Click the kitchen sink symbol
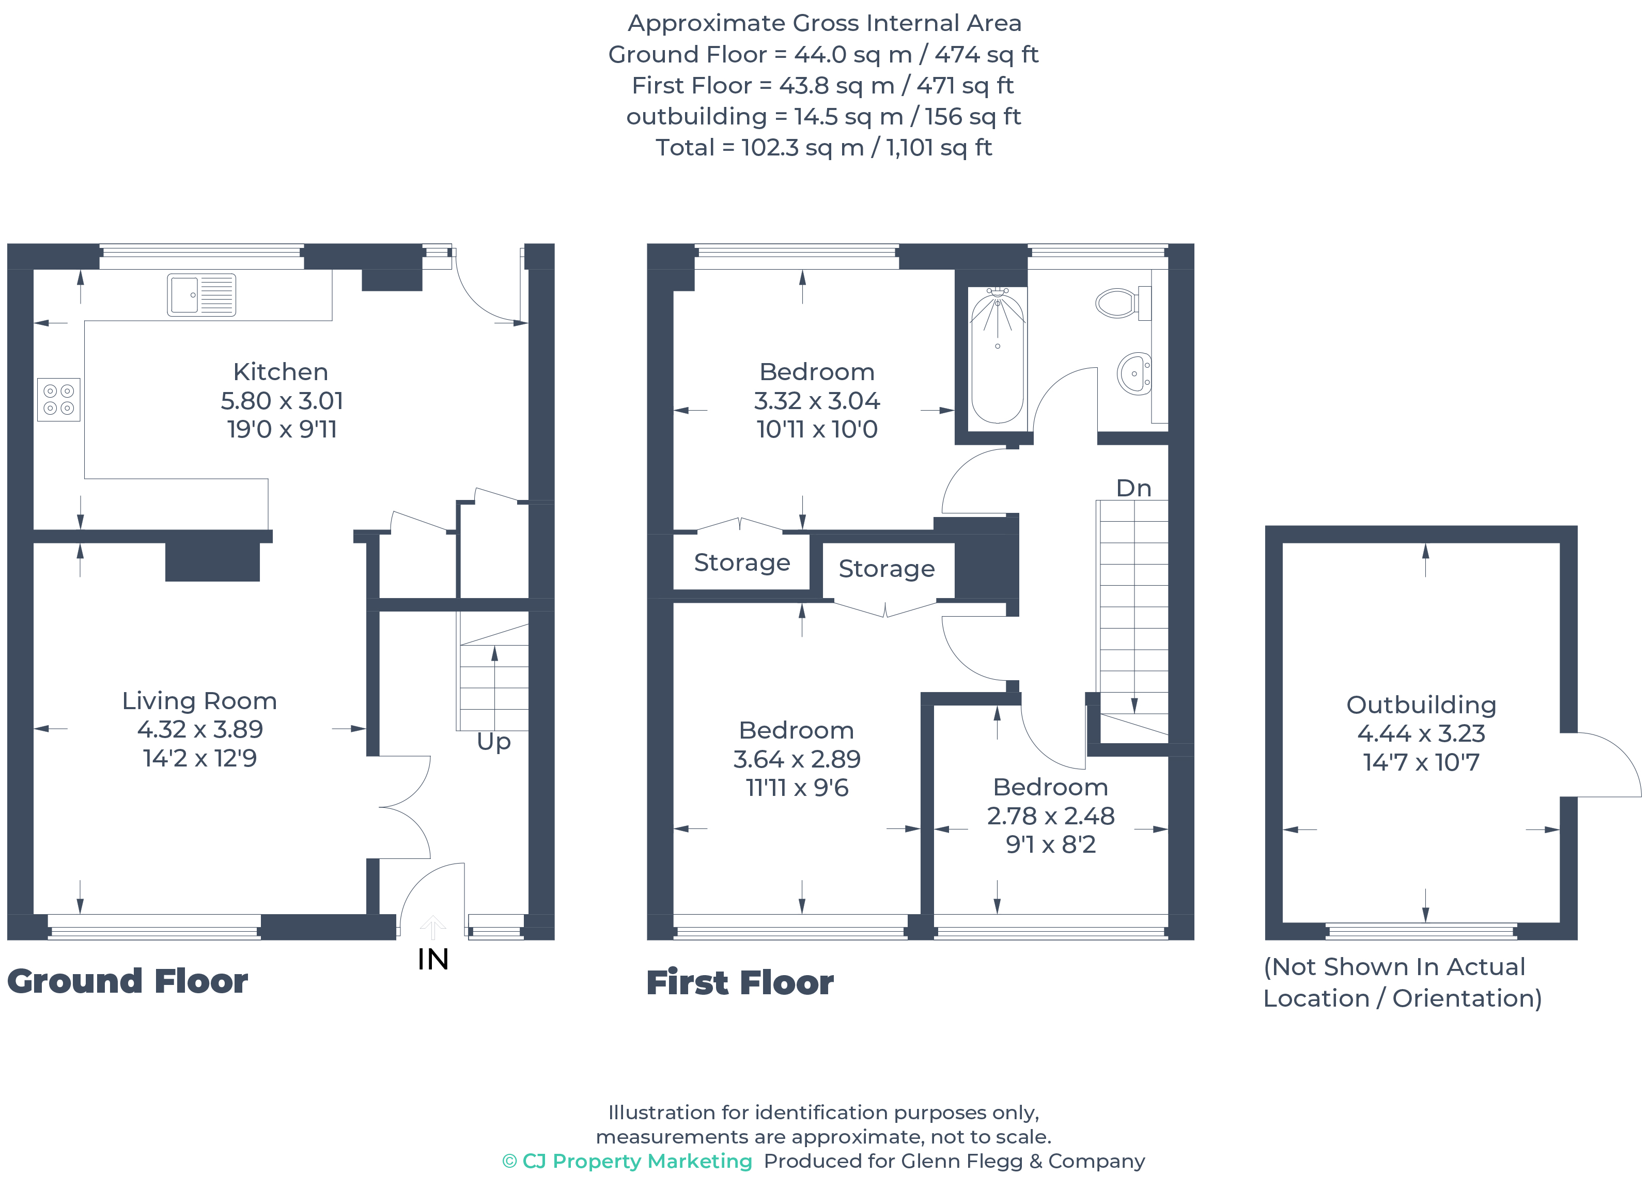tap(201, 295)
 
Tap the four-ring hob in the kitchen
tap(59, 400)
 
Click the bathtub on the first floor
tap(998, 355)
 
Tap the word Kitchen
tap(281, 372)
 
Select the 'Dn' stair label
tap(1133, 488)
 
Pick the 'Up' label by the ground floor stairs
tap(494, 742)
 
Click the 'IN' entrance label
tap(433, 960)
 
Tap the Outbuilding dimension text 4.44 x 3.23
tap(1421, 734)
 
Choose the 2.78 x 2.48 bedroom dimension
tap(1051, 816)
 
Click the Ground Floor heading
tap(128, 981)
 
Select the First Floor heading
tap(740, 983)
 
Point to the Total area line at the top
tap(824, 148)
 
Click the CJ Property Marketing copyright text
tap(627, 1161)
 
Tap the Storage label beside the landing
tap(887, 569)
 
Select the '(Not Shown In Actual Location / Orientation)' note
tap(1403, 982)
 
